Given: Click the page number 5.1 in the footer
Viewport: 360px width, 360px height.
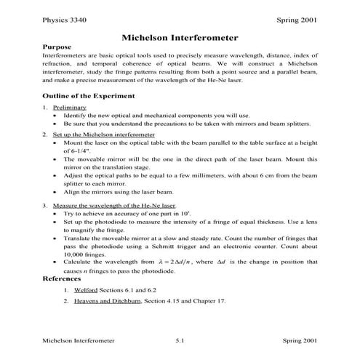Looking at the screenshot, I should click(x=180, y=340).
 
